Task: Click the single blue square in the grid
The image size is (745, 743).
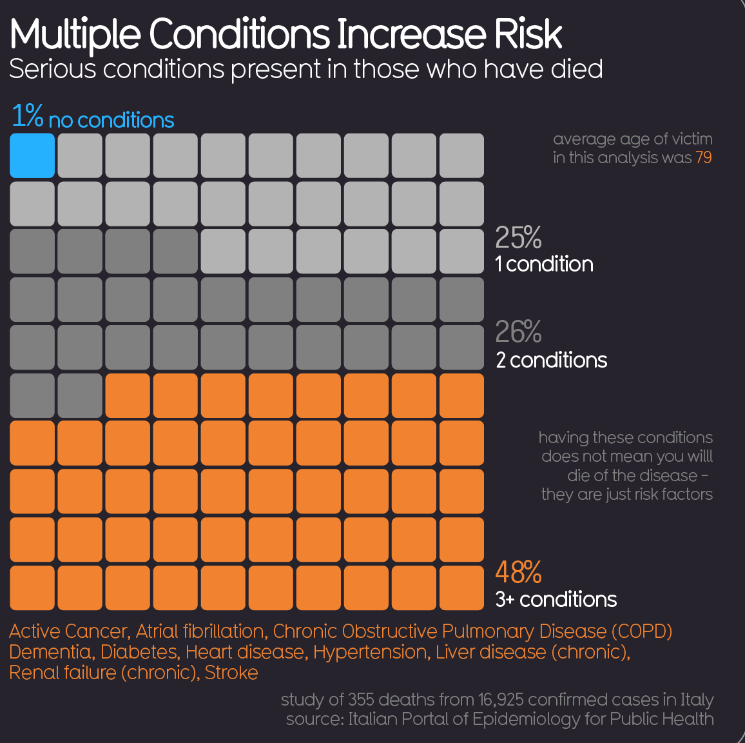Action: click(x=32, y=155)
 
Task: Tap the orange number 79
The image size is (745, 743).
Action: click(x=704, y=157)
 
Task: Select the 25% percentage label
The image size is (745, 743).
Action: click(x=518, y=238)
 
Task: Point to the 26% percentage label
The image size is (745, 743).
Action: click(x=518, y=332)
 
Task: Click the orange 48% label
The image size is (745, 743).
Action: click(x=518, y=572)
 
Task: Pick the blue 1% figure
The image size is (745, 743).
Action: click(x=27, y=116)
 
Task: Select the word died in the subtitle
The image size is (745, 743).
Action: click(x=576, y=69)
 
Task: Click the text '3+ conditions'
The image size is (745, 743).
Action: click(x=556, y=600)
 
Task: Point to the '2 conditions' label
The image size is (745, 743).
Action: click(x=552, y=360)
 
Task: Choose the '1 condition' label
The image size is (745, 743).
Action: click(x=545, y=264)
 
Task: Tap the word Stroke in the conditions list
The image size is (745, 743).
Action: click(x=231, y=673)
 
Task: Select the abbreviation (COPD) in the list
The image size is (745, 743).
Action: click(x=641, y=631)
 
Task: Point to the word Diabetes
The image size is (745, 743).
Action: click(x=139, y=652)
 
